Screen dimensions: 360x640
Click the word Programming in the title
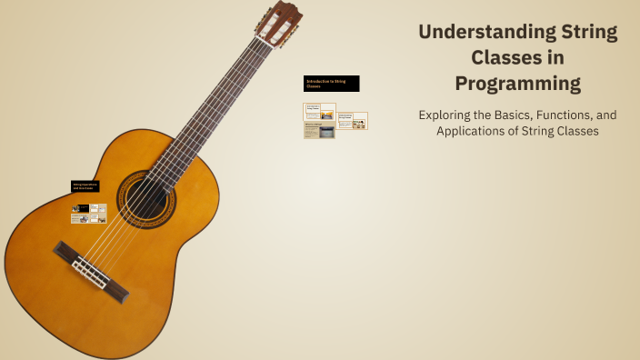tap(517, 85)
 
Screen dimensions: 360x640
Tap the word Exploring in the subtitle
tap(449, 115)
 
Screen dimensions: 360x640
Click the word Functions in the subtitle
tap(555, 115)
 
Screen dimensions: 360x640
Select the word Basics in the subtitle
tap(511, 115)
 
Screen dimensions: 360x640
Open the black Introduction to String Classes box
tap(331, 84)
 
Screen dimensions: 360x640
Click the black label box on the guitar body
tap(85, 186)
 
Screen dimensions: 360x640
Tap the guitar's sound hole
tap(145, 196)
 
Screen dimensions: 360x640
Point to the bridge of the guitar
tap(91, 270)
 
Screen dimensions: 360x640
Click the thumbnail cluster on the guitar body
tap(89, 213)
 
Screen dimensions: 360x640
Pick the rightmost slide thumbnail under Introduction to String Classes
tap(353, 120)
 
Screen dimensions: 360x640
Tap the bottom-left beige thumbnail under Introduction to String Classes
tap(319, 131)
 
